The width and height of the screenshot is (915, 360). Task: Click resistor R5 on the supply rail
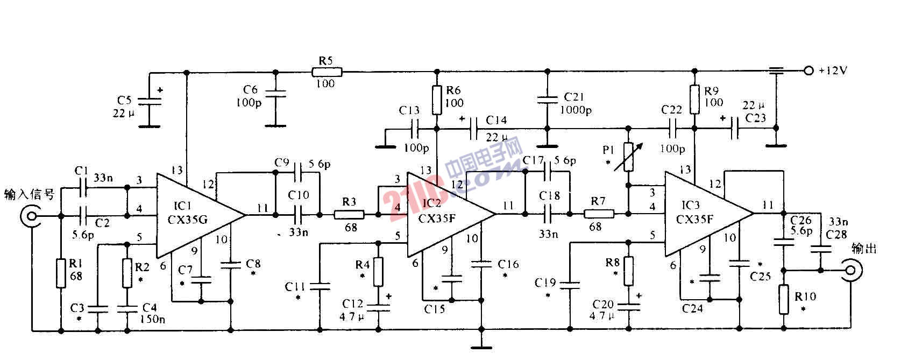coord(327,71)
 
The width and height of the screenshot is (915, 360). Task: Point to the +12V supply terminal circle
coord(807,70)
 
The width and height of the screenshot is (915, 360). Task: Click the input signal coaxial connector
coord(30,217)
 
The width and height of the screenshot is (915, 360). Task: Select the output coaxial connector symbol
coord(851,271)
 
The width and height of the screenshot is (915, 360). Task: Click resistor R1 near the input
coord(60,273)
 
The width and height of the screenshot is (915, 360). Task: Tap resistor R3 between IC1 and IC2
coord(349,215)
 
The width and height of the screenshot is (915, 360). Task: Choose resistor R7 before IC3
coord(599,214)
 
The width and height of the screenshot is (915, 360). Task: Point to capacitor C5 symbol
coord(150,102)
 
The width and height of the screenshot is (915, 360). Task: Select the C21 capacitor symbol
coord(547,99)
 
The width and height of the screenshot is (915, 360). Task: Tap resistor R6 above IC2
coord(437,101)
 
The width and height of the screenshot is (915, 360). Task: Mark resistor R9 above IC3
coord(694,100)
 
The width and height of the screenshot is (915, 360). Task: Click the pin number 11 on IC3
coord(768,204)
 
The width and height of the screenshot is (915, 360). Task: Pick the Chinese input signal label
coord(29,194)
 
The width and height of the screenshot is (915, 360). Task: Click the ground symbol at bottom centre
coord(480,344)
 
